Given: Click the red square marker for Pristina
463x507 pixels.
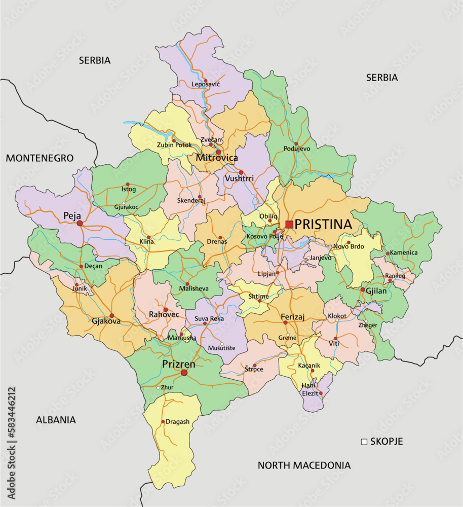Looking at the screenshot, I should pyautogui.click(x=289, y=224).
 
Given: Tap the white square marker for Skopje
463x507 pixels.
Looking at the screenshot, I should pyautogui.click(x=364, y=442).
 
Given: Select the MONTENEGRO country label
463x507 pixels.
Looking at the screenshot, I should pyautogui.click(x=40, y=158).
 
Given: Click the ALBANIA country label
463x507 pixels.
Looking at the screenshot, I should pyautogui.click(x=56, y=420).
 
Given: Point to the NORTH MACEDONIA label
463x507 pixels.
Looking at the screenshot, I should pyautogui.click(x=304, y=465).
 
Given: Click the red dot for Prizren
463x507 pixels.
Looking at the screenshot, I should pyautogui.click(x=184, y=373).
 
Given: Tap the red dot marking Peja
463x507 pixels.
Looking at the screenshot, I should pyautogui.click(x=80, y=223).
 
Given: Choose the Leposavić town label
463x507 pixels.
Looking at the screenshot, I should pyautogui.click(x=205, y=84).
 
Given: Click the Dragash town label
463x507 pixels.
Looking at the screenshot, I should pyautogui.click(x=177, y=422).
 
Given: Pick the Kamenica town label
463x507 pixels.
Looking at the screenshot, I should pyautogui.click(x=403, y=252).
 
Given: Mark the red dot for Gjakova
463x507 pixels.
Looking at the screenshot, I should pyautogui.click(x=112, y=315).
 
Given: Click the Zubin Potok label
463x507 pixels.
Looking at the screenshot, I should pyautogui.click(x=174, y=144).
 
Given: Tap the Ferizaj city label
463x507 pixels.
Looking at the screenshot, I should pyautogui.click(x=293, y=317).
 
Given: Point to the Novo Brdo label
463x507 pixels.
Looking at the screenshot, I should pyautogui.click(x=348, y=247).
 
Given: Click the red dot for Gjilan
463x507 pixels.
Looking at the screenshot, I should pyautogui.click(x=363, y=290).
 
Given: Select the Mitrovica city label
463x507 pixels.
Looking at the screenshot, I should pyautogui.click(x=216, y=158).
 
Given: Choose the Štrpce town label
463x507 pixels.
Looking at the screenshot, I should pyautogui.click(x=253, y=371).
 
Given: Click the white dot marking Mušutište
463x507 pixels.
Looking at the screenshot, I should pyautogui.click(x=221, y=344).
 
